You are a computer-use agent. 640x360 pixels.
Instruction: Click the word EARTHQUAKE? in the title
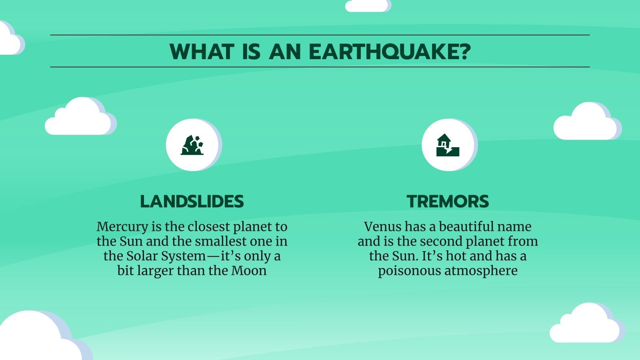[x=390, y=52]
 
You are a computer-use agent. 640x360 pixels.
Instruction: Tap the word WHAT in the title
[x=202, y=52]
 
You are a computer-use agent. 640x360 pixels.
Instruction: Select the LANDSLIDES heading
[x=192, y=201]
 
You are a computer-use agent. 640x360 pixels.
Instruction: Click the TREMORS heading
[x=448, y=201]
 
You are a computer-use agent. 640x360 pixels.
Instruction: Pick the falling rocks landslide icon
[x=192, y=145]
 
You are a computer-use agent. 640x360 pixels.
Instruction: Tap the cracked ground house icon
[x=448, y=145]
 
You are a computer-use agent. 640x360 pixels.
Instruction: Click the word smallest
[x=228, y=242]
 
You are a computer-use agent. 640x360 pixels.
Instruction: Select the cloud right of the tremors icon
[x=586, y=123]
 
